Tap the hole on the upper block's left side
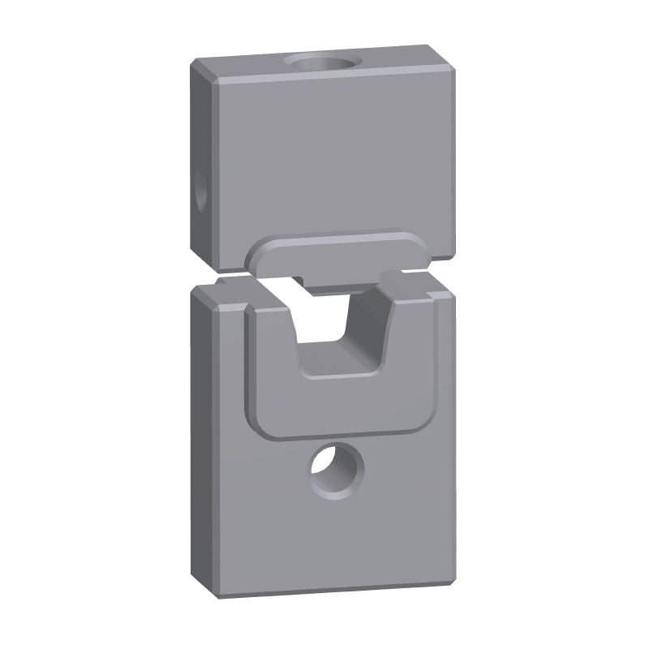point(200,187)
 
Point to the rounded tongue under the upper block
point(337,258)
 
